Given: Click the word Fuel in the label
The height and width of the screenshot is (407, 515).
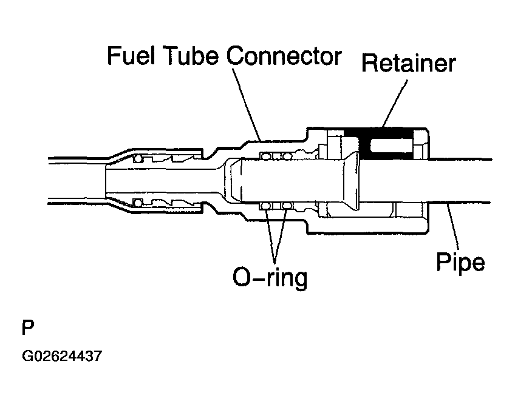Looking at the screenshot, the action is point(131,56).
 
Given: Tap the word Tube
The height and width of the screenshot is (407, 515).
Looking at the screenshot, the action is point(191,56).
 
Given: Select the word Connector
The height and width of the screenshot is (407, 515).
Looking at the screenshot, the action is point(284,56).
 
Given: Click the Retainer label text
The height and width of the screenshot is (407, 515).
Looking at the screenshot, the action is point(409,62).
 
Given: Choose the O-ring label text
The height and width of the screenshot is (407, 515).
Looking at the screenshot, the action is point(270,278).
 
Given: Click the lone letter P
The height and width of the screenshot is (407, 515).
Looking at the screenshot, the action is point(28,328).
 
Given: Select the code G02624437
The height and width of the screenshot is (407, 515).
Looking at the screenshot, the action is point(62,356).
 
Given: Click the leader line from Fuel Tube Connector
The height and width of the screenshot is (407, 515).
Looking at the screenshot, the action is point(247,104).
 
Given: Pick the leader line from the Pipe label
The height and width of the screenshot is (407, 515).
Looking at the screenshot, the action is point(453,227).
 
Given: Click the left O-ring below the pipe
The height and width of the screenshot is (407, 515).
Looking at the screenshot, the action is point(265,206).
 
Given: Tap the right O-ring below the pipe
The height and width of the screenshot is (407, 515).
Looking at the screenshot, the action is point(288,206).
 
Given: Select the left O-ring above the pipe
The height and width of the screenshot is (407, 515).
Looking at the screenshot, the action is point(265,156).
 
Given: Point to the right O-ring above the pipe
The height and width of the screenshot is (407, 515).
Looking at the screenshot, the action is point(288,156).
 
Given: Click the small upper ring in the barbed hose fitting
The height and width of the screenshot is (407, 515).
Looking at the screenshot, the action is point(138,159).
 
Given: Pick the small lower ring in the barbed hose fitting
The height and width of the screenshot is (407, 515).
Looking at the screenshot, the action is point(138,203).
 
